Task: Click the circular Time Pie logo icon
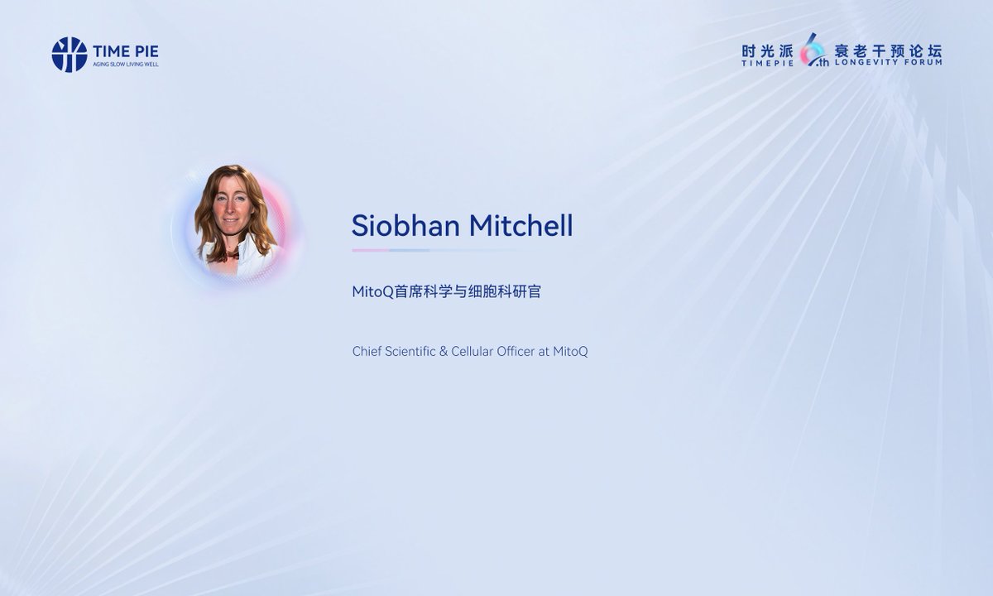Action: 70,54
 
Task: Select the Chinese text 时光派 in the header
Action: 767,50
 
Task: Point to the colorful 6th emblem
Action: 814,51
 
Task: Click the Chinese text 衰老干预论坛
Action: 888,49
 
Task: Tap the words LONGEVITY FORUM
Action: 888,62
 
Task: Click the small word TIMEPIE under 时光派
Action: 767,62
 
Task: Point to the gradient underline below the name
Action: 430,250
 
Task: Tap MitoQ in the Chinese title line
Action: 373,292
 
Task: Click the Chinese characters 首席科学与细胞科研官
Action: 468,292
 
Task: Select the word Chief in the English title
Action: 367,352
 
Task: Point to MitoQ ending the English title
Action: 570,352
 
